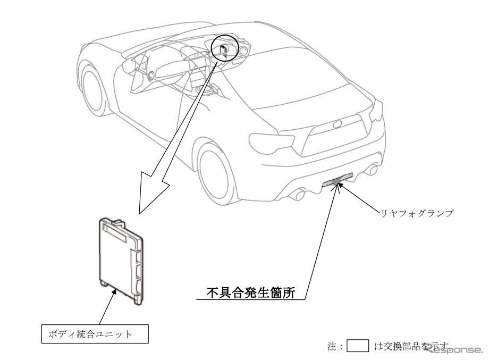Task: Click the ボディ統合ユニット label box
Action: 95,334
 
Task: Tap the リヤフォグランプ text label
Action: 416,213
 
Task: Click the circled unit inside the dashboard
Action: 224,49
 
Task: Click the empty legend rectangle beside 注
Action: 358,346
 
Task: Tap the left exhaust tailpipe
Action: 299,195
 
